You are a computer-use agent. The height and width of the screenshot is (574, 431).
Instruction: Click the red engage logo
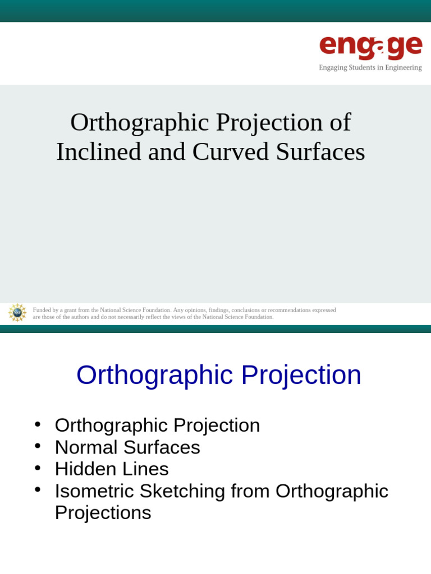370,47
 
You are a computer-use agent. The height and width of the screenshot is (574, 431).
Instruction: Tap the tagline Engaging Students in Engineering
370,68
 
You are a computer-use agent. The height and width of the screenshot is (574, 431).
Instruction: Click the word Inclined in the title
99,151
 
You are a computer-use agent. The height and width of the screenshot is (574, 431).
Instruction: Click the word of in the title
340,122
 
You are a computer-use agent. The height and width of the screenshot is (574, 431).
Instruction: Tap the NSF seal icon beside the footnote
17,312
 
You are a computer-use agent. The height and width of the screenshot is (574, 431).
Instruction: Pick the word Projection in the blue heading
301,375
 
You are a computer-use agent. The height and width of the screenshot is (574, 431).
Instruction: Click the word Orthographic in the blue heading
155,375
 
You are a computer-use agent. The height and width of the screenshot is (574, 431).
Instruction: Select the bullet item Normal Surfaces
127,447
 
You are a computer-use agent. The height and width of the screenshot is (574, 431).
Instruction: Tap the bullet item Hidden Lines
112,469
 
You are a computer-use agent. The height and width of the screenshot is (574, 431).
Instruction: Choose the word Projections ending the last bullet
103,513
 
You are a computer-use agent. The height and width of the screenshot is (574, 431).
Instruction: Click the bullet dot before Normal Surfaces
38,446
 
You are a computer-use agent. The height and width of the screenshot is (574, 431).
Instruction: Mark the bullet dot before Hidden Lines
38,468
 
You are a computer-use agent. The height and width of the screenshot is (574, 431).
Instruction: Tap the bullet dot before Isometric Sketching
38,490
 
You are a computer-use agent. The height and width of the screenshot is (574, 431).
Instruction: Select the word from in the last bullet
250,491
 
